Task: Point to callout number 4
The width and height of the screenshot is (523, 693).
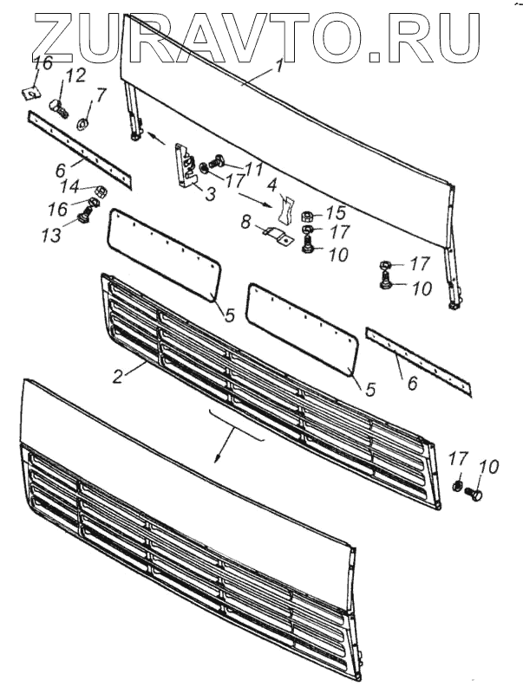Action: tap(272, 185)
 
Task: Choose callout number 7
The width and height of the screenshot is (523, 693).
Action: tap(101, 94)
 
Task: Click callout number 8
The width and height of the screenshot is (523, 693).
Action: tap(245, 223)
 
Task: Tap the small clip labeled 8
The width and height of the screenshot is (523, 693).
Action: tap(271, 234)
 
